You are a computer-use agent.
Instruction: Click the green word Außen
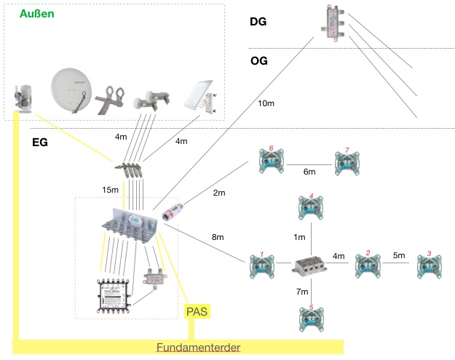point(36,14)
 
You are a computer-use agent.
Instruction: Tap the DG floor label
point(258,22)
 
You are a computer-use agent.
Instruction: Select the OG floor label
point(258,61)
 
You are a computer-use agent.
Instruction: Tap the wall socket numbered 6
point(271,161)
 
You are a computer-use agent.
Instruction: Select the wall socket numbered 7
point(347,163)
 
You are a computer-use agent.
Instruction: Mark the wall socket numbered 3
point(429,265)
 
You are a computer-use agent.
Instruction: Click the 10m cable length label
point(266,105)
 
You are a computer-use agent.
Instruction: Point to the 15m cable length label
point(110,190)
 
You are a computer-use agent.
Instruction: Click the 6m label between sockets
point(309,172)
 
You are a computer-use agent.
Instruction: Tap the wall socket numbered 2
point(368,265)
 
